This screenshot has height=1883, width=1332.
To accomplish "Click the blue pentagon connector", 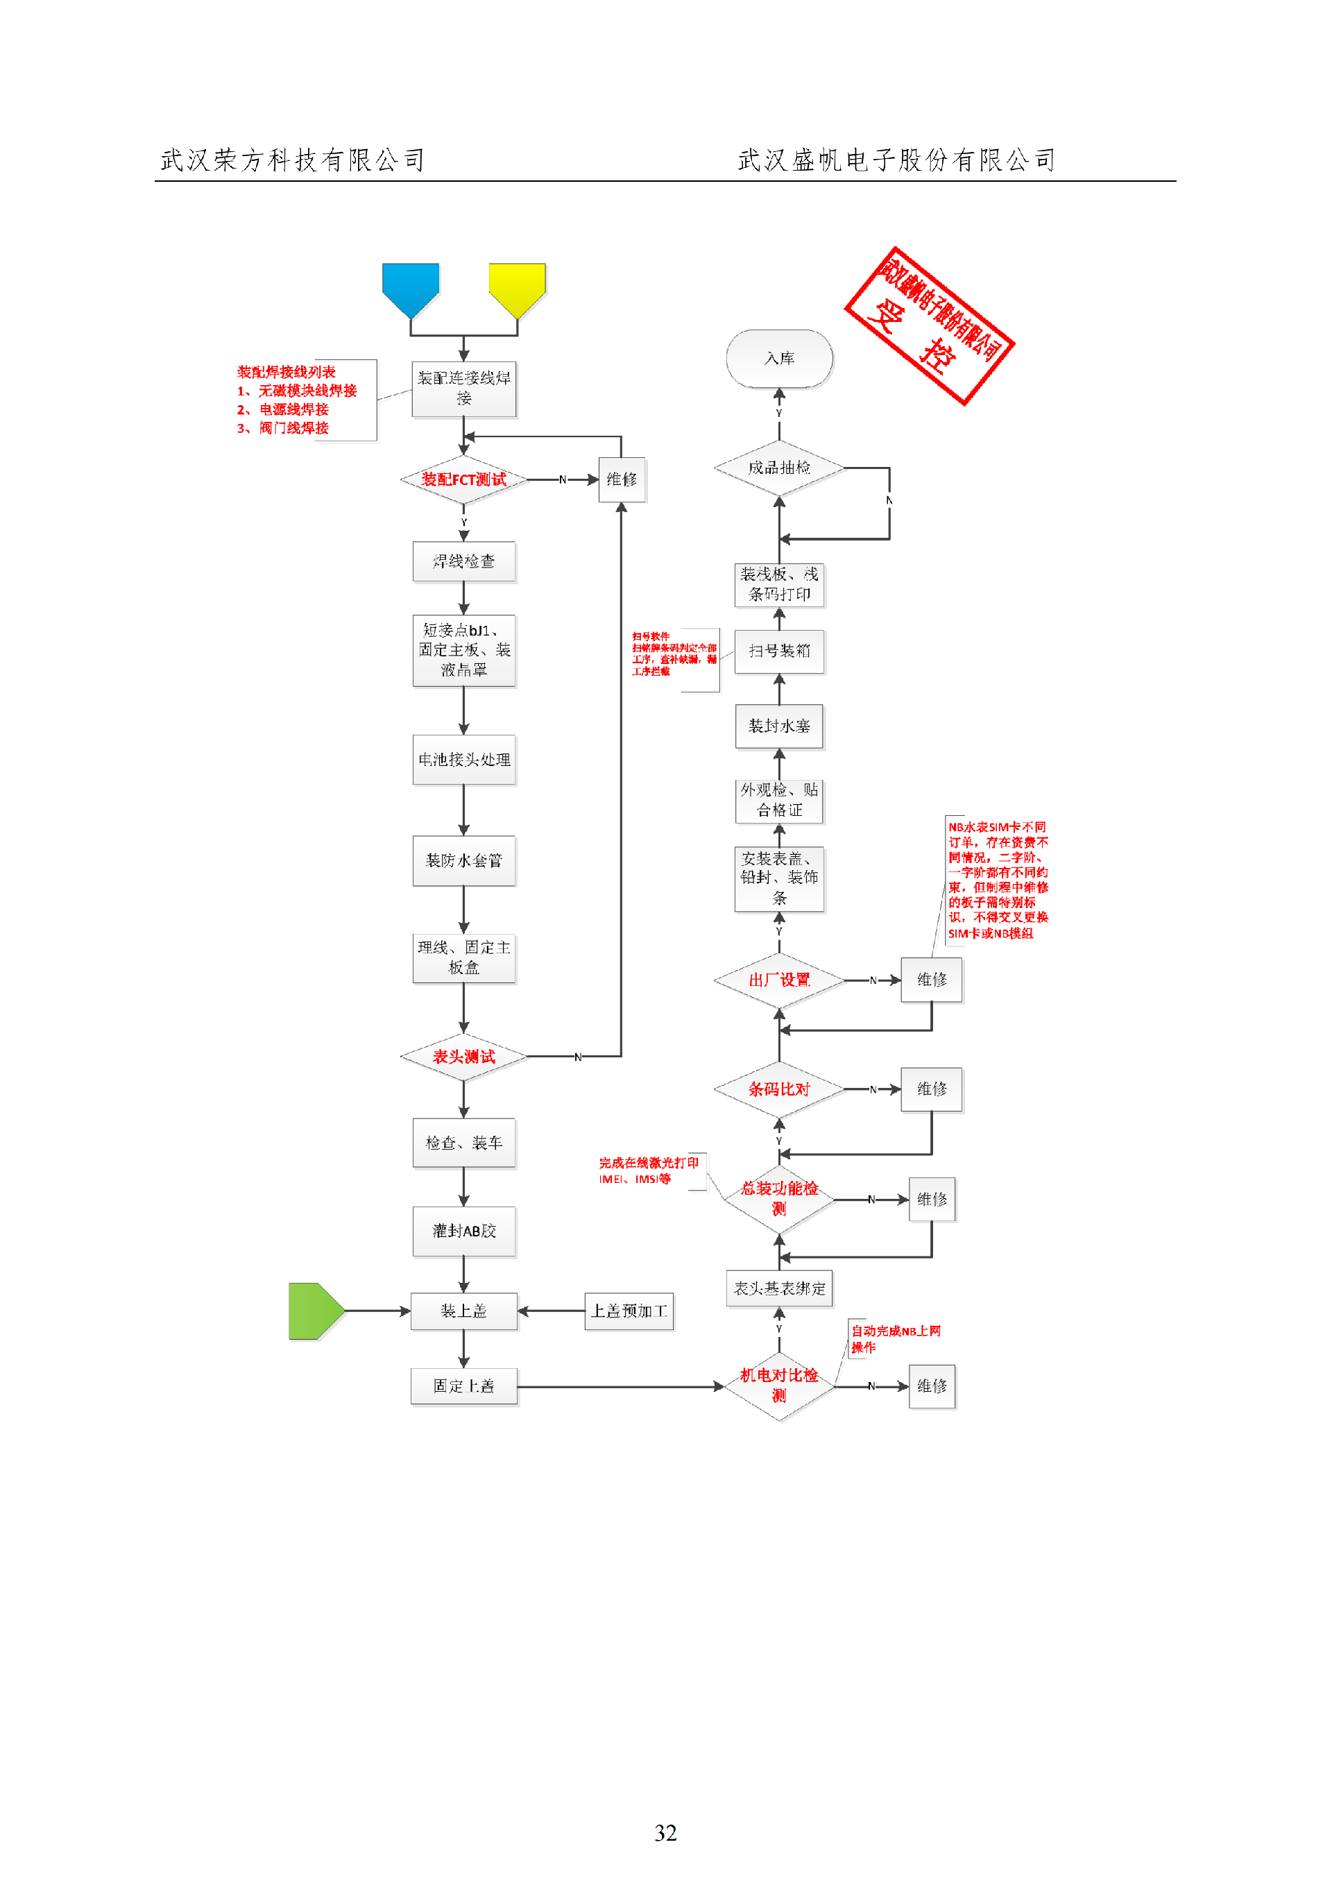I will point(410,288).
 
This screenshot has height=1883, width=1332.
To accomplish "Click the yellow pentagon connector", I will point(517,288).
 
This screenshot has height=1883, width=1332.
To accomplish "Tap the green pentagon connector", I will point(314,1311).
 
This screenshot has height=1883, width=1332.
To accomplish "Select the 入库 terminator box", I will point(779,359).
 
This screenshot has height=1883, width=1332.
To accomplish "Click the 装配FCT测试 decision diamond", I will point(463,480).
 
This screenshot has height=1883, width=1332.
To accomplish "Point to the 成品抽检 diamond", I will point(779,468).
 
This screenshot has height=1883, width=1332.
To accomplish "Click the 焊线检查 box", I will point(463,562).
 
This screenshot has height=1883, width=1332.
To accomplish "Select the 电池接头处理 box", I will point(463,760).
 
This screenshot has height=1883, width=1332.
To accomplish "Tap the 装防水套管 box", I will point(463,860).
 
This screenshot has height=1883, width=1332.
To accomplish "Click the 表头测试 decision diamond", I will point(463,1056).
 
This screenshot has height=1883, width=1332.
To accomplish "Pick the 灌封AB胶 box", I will point(463,1231).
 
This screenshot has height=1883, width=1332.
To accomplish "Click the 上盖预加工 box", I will point(629,1311).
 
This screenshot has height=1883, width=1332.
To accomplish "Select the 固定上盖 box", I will point(463,1386).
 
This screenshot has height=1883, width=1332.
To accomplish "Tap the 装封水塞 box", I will point(779,726).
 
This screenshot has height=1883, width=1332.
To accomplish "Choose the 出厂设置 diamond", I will point(779,980).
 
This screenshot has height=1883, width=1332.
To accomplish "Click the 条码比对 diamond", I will point(779,1089).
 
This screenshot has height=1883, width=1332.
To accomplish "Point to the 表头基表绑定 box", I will point(779,1288).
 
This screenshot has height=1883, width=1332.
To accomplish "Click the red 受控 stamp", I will point(930,325).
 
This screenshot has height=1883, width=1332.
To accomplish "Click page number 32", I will point(665,1833).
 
